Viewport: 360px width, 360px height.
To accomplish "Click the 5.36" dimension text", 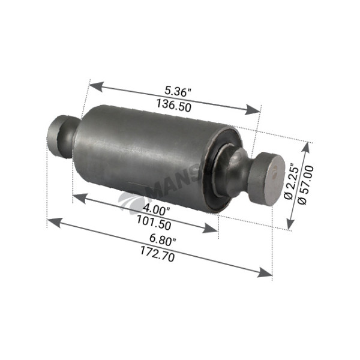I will (x=178, y=92).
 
